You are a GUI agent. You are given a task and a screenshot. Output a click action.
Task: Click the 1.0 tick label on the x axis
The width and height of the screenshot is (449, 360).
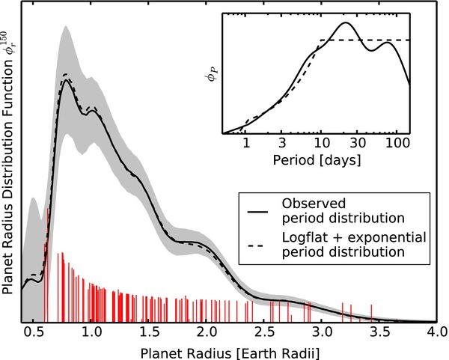point(91,331)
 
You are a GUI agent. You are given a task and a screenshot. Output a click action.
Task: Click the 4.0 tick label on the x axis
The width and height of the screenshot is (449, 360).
point(435,331)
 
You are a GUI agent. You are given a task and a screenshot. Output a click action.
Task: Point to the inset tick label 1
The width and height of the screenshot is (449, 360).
point(245,144)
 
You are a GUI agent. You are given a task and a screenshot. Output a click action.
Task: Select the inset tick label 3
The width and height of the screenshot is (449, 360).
point(282,144)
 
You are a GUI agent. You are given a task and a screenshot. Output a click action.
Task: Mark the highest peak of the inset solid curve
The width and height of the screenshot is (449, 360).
point(345,22)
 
